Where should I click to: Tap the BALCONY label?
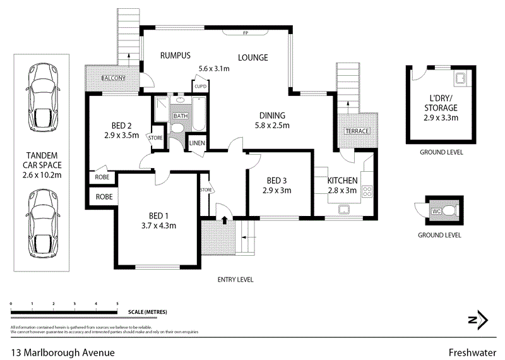[114, 78]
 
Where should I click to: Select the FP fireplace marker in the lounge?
[244, 33]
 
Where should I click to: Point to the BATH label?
[181, 116]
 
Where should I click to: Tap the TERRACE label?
[357, 131]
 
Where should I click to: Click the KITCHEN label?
[342, 181]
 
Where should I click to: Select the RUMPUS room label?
[175, 55]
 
